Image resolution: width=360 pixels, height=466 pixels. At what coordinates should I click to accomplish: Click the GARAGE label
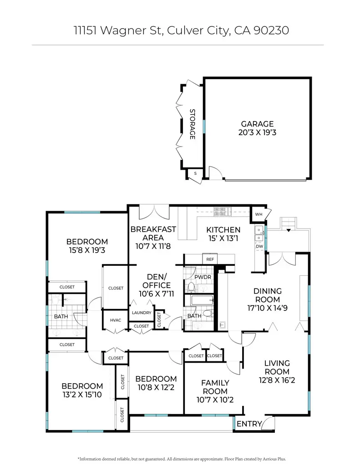257,124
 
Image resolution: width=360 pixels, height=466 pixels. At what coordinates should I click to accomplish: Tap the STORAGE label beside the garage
192,124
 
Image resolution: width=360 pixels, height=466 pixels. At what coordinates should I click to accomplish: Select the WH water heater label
259,214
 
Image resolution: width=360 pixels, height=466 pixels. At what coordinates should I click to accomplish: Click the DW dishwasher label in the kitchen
259,246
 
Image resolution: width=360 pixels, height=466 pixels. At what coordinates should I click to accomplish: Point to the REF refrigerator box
210,259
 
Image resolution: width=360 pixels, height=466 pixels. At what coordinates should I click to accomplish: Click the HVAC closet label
116,320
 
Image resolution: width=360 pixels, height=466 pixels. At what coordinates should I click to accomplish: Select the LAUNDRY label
142,313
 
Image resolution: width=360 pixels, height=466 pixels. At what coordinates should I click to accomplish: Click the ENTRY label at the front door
249,424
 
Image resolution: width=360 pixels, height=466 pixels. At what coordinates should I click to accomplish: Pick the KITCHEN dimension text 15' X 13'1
223,238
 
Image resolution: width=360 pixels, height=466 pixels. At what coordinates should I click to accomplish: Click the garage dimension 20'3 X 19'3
257,132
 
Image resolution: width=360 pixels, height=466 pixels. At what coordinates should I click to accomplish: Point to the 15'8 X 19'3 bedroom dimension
87,250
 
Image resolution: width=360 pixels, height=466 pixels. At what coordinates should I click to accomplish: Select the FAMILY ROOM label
215,387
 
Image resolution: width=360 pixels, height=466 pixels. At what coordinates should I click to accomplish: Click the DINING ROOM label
267,295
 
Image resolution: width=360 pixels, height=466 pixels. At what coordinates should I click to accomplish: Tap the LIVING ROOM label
277,367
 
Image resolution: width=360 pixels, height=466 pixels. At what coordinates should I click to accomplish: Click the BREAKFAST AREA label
153,233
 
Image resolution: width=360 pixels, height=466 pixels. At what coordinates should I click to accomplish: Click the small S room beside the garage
195,173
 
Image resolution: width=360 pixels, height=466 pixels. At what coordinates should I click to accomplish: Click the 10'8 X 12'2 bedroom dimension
156,387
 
